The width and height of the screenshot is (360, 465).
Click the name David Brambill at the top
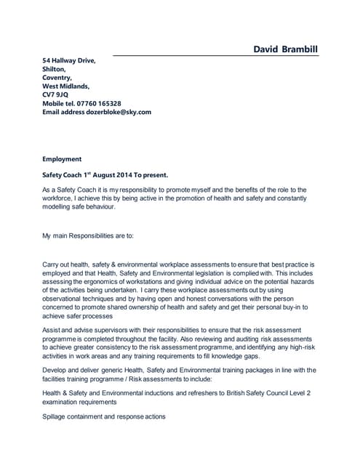(x=285, y=49)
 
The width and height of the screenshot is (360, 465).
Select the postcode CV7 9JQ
(x=55, y=94)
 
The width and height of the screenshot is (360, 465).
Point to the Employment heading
(x=62, y=158)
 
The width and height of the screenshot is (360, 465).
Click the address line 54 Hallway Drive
(x=69, y=60)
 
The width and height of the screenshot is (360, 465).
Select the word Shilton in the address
(x=54, y=69)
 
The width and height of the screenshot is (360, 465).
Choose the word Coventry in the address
(x=57, y=77)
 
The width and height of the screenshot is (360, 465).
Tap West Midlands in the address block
(x=65, y=86)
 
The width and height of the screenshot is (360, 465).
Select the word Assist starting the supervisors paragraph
(x=52, y=330)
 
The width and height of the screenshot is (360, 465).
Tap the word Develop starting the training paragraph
(x=55, y=370)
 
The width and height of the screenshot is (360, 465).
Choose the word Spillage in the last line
(x=57, y=416)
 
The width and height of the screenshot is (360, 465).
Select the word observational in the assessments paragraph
(x=67, y=297)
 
